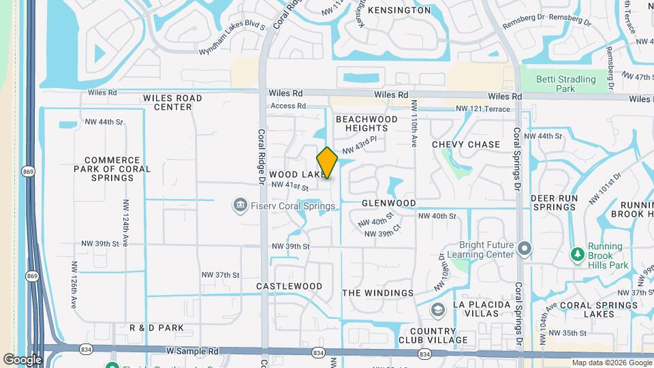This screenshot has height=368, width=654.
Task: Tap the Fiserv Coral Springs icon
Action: point(239,205)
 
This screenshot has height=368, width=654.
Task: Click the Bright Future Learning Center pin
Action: point(524,249)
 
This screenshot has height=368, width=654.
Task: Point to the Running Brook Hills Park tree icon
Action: point(577,254)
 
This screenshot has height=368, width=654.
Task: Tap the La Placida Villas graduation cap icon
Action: point(437,311)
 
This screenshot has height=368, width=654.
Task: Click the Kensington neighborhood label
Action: point(399,10)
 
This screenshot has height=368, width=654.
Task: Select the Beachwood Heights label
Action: point(367,123)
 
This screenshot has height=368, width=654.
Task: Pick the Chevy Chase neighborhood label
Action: point(466,144)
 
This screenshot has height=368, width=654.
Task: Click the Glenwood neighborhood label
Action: point(388,203)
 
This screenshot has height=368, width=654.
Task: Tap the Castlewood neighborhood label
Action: point(289,287)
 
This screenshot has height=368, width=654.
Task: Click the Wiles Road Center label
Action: point(172,102)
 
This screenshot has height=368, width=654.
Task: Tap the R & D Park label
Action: point(157,328)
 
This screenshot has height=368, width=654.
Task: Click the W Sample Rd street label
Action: point(193,351)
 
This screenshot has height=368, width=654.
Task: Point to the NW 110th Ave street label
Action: point(414,123)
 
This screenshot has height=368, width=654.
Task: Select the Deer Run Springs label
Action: point(554,202)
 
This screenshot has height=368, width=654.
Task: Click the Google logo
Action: point(22,359)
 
